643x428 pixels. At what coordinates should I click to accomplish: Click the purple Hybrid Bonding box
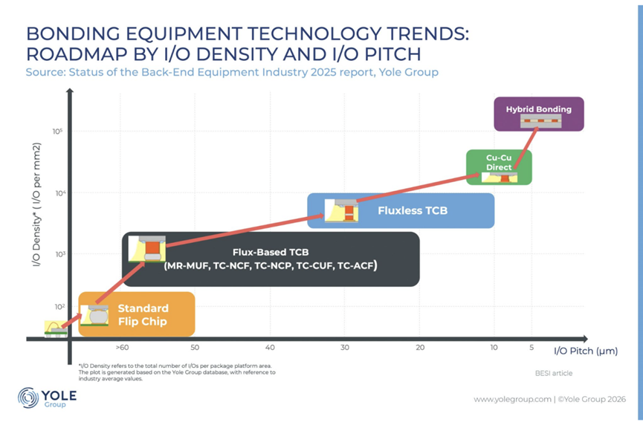tap(539, 114)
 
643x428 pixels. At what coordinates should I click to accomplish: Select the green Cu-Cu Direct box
tap(499, 166)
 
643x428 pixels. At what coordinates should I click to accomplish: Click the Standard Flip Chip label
tap(143, 314)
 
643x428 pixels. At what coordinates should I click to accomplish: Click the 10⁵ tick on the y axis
tap(57, 132)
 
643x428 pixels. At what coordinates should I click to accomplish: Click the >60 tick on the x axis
tap(123, 348)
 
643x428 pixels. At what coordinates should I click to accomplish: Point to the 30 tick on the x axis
tap(345, 348)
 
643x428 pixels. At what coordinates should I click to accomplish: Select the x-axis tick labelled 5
tap(531, 348)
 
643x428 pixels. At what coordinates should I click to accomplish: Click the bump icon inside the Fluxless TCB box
tap(346, 210)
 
